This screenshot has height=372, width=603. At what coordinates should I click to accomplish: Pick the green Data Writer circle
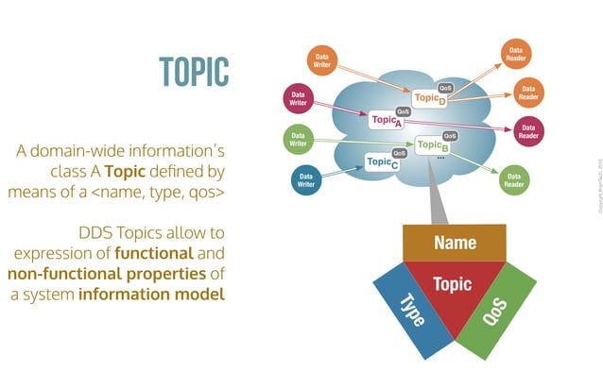point(297,141)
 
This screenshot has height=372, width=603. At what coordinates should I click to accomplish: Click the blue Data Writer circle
point(306,180)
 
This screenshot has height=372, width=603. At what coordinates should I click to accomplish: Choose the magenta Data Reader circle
point(528,131)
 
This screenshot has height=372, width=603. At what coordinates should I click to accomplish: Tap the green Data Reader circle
point(513,180)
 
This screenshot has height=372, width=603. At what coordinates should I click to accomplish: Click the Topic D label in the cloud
point(431,99)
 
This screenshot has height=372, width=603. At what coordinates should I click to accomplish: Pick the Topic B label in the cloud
point(433,146)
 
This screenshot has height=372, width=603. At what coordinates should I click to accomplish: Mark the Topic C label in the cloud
point(382,163)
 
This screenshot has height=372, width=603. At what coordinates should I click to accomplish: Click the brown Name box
point(455,243)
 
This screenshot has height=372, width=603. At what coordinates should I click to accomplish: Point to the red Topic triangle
point(454,288)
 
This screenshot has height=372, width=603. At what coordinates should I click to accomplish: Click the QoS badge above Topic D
point(446,88)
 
